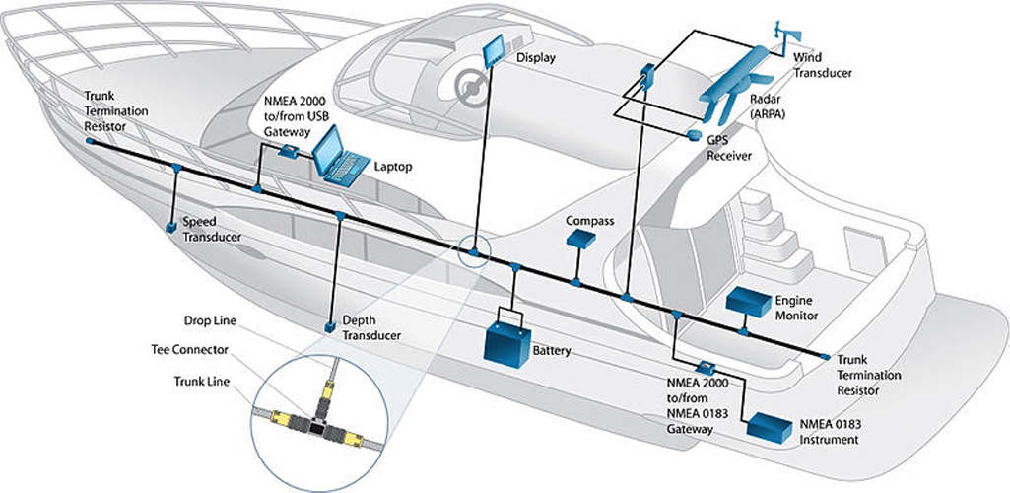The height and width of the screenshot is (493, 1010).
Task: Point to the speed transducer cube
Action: click(171, 228)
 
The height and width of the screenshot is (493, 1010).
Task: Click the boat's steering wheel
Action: click(472, 87)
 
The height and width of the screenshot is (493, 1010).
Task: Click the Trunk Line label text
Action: click(201, 380)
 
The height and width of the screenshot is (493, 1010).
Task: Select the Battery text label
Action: click(552, 350)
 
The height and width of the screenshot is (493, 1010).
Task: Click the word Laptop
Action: click(392, 167)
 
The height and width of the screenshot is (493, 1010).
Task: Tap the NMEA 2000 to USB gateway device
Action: click(289, 152)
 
